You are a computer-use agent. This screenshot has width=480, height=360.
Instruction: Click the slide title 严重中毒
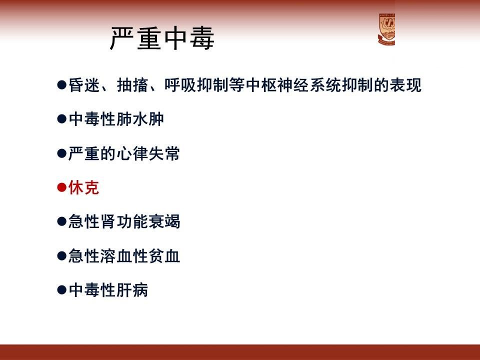point(162,38)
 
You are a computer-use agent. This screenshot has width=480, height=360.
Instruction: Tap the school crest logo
point(386,29)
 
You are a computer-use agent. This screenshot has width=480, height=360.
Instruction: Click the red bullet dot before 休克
point(62,187)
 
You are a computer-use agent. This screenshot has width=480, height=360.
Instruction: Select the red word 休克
point(83,187)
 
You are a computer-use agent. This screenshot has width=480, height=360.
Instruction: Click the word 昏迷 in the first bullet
point(84,85)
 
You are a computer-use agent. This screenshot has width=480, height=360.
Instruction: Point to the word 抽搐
point(132,85)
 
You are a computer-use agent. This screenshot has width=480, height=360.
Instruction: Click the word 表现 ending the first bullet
point(405,85)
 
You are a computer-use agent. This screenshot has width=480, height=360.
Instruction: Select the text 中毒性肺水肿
point(116,119)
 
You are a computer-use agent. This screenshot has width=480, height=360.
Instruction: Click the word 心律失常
point(148,153)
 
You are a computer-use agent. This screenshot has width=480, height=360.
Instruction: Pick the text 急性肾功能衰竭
point(124,221)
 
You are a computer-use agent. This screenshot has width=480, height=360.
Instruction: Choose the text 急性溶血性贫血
point(124,255)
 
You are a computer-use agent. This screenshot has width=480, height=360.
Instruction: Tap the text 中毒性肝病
point(108,290)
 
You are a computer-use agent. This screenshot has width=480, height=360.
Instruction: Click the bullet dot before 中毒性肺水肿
point(62,119)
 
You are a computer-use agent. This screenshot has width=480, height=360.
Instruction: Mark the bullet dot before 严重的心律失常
point(62,153)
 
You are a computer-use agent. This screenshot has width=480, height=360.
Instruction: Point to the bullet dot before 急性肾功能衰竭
point(62,221)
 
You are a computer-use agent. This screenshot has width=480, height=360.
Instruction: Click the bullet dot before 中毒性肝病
point(62,290)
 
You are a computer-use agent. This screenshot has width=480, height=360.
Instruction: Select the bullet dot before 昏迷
point(62,85)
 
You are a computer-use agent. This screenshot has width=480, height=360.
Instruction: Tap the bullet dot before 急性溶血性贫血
point(62,255)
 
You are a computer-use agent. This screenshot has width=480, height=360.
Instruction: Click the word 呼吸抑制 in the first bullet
point(196,85)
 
